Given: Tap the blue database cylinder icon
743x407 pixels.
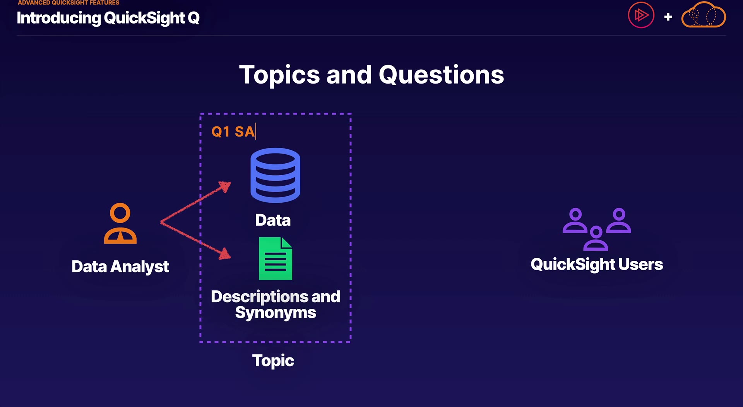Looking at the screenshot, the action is pos(275,175).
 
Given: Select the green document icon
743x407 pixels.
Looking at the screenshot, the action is pos(275,258).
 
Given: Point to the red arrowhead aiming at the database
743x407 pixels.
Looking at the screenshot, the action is pos(225,187).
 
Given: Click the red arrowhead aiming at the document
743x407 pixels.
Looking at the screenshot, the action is pos(225,254).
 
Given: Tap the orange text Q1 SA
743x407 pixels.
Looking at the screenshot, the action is pos(233,132).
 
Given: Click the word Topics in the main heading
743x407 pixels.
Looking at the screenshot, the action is pos(279,75).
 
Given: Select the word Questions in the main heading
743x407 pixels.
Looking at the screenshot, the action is pos(441,75).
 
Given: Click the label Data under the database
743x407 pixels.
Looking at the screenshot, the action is pos(273,220).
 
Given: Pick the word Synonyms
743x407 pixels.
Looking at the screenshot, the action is pos(276,313).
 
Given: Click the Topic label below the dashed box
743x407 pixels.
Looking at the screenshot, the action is pos(273,361).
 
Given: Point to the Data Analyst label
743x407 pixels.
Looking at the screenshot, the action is pos(120,267).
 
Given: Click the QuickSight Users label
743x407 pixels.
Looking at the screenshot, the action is pos(597,265).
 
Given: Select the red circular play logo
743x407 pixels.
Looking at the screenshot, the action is pos(641,15).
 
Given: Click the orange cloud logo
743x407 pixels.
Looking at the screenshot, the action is pos(704,15).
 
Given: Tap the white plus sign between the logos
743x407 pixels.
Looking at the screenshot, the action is pos(668,17).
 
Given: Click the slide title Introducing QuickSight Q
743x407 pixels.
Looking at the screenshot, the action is pos(108,18).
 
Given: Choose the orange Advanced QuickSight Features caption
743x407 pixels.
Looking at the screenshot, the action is pos(68,3).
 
